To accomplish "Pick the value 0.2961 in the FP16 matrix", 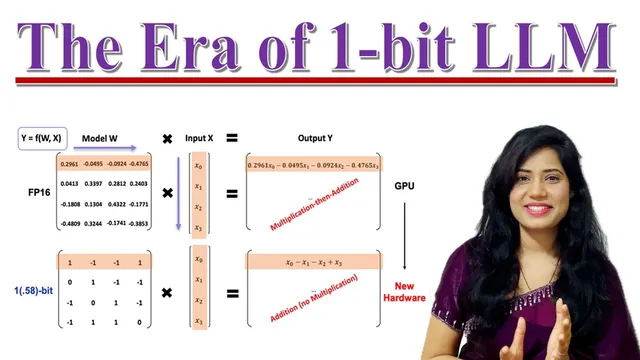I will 70,164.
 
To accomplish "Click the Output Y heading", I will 315,136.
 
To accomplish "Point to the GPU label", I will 404,186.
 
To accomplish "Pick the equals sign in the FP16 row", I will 232,193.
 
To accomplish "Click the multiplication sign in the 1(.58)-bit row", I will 168,292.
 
